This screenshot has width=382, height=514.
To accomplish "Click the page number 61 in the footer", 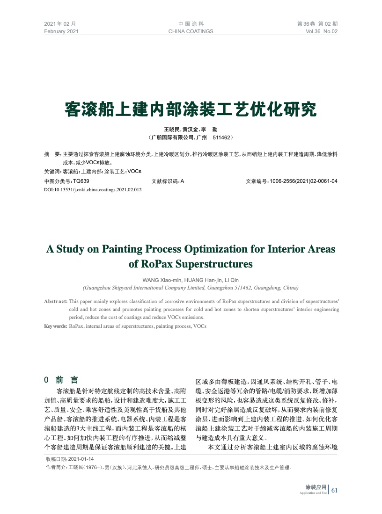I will pos(334,490).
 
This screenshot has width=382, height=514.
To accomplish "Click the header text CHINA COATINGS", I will pos(191,31).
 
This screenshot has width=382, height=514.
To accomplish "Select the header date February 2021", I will pos(61,31).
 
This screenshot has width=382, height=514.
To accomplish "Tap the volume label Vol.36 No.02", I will pos(321,31).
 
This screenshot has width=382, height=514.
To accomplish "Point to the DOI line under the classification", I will pos(93,190).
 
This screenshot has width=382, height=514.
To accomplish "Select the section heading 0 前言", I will pos(61,379).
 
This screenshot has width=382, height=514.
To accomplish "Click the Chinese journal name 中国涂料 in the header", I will pos(191,23).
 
